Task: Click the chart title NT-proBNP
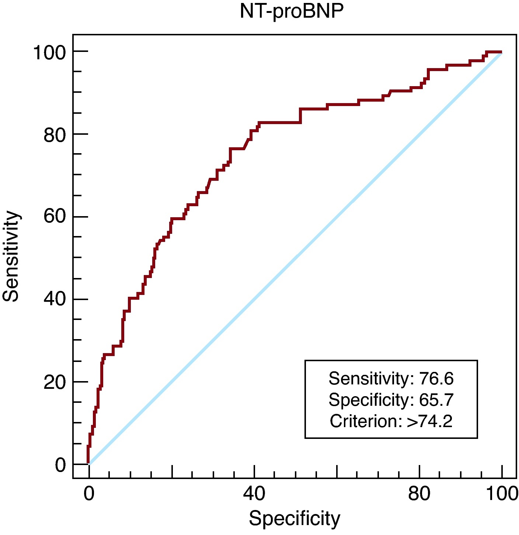pos(291,11)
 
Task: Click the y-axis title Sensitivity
pos(11,256)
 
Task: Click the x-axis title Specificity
pos(294,519)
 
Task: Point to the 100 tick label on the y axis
pos(49,52)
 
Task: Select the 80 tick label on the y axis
pos(55,135)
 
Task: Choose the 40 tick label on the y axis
pos(55,299)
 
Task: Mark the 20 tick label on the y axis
pos(55,382)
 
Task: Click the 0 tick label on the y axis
pos(60,465)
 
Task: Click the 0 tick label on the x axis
pos(89,493)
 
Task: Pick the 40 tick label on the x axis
pos(254,493)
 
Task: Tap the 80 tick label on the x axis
pos(419,493)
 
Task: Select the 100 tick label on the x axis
pos(502,493)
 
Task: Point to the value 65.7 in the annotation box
pos(436,400)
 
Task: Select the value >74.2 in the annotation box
pos(429,421)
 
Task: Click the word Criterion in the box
pos(364,421)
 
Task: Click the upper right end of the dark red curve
pos(500,52)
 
